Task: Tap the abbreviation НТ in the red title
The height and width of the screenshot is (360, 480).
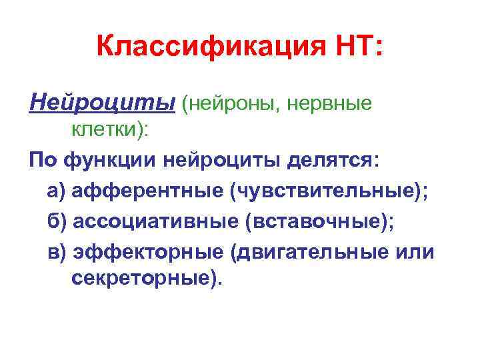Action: (353, 47)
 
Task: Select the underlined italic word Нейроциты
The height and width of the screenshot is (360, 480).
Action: (101, 103)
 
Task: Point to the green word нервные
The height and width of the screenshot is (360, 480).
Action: (333, 104)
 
